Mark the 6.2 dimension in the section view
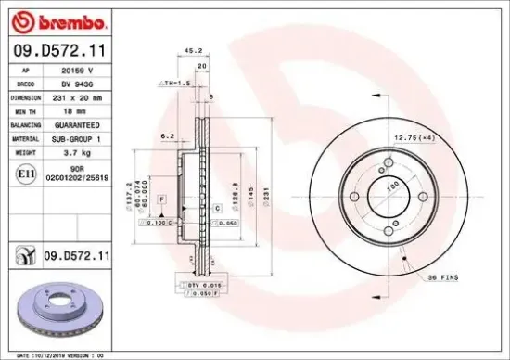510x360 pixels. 168,135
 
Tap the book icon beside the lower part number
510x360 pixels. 22,253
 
